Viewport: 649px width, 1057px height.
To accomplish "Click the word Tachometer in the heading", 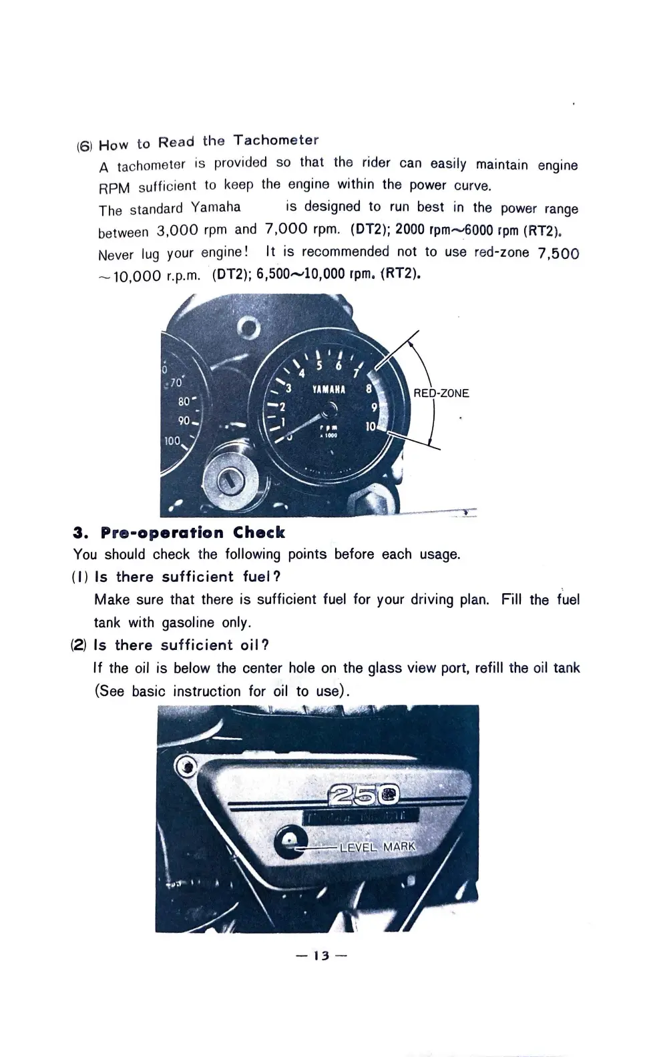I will [276, 140].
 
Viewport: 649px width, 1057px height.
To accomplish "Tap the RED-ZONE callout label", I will [441, 393].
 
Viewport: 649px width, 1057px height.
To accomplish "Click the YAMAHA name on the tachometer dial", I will [329, 389].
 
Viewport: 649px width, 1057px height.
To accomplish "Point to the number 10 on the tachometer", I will [371, 426].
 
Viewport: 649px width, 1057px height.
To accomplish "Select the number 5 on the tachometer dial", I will [319, 366].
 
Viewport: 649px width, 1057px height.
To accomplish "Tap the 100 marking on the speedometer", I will [172, 441].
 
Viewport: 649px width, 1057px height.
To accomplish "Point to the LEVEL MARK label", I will [377, 847].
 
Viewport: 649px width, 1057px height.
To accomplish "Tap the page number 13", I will [322, 956].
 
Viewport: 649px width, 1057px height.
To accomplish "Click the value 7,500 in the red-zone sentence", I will [558, 254].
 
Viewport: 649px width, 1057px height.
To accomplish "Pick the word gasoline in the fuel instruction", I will [188, 623].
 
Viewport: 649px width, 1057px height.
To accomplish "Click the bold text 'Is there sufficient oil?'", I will [182, 645].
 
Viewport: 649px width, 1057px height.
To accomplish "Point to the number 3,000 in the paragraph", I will [177, 231].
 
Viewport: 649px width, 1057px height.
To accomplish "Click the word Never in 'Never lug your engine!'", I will [116, 255].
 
